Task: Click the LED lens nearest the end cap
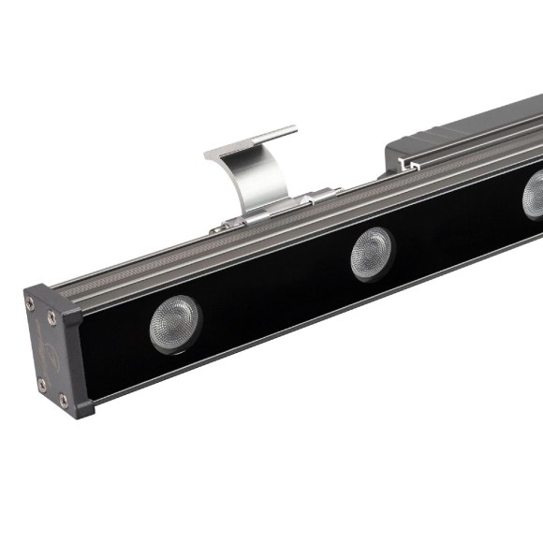click(175, 324)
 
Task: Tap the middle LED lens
click(372, 253)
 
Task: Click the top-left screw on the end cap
click(31, 303)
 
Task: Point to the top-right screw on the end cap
click(52, 316)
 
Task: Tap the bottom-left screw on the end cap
click(41, 384)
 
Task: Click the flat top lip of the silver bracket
click(251, 140)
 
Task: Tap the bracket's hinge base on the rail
click(271, 211)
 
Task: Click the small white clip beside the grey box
click(407, 166)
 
